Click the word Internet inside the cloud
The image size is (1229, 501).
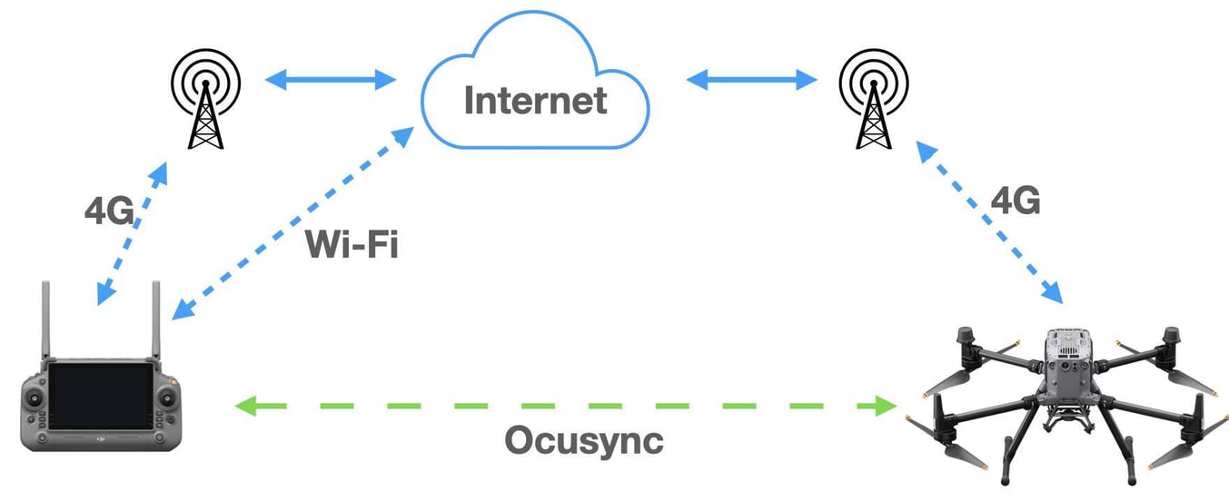coord(535,99)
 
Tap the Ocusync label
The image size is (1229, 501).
coord(584,441)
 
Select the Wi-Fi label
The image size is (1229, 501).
coord(352,244)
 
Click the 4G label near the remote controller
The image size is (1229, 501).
coord(108,211)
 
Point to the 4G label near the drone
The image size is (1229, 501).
coord(1015,201)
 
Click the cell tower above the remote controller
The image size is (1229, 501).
coord(205,99)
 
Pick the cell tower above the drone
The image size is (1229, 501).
coord(872,99)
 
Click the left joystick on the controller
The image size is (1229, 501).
coord(36,397)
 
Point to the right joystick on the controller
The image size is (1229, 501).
coord(166,396)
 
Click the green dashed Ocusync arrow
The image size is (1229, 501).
coord(563,406)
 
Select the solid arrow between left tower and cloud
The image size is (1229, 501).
coord(331,80)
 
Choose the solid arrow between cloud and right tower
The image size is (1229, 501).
coord(751,80)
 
